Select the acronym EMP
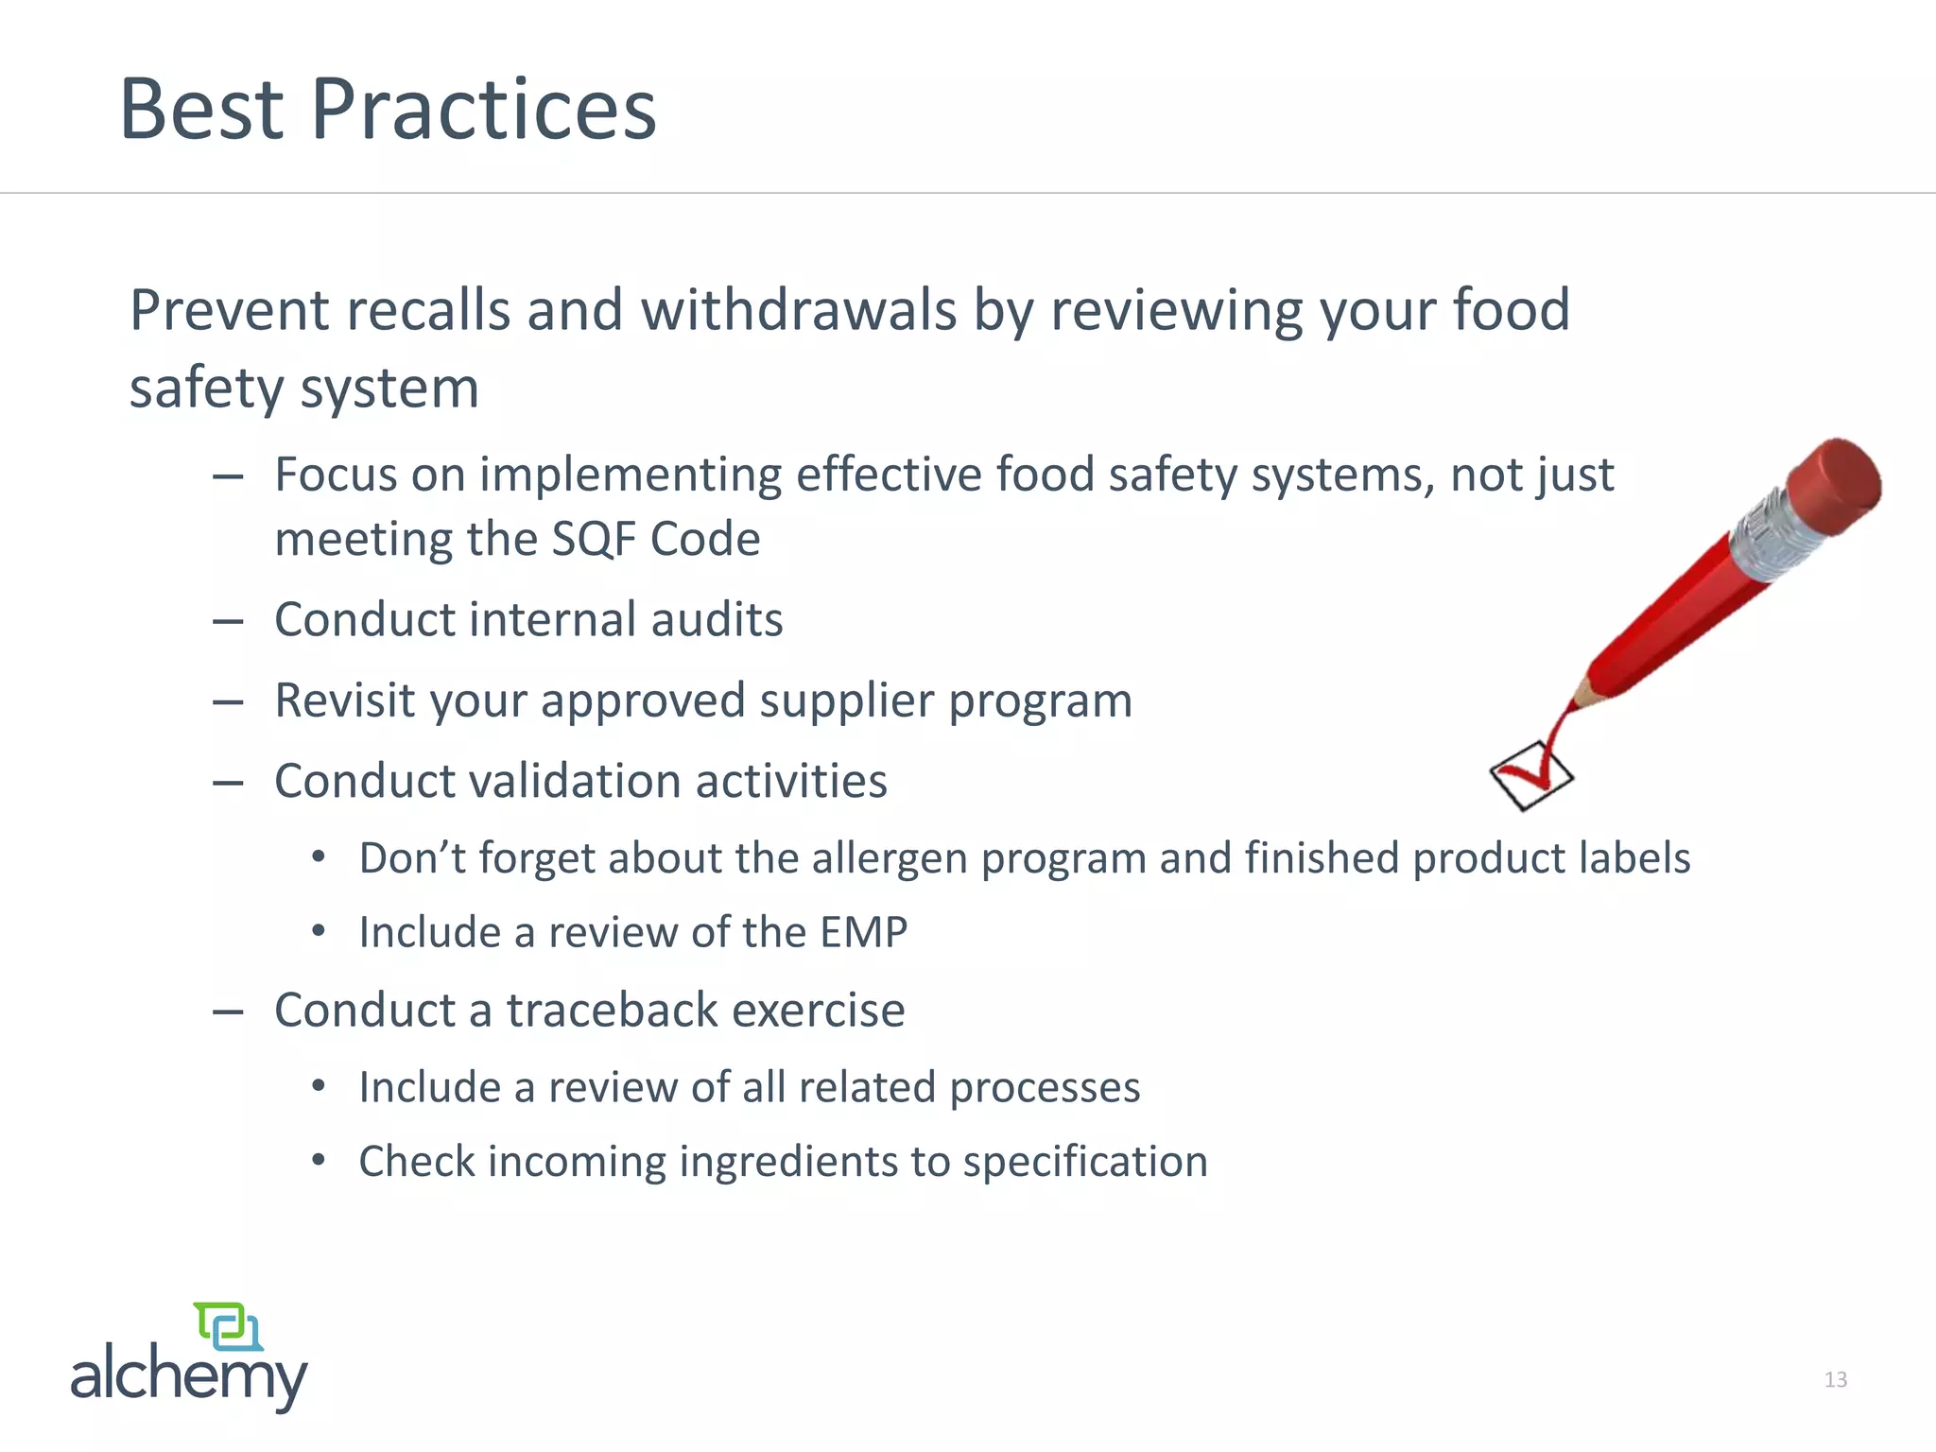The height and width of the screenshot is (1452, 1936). coord(863,932)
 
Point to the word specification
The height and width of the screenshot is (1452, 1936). coord(1085,1162)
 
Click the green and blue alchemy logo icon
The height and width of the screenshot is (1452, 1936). coord(228,1326)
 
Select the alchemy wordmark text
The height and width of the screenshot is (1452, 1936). coord(189,1375)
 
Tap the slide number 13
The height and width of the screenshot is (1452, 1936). coord(1835,1380)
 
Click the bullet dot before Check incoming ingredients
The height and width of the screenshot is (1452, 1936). coord(320,1160)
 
